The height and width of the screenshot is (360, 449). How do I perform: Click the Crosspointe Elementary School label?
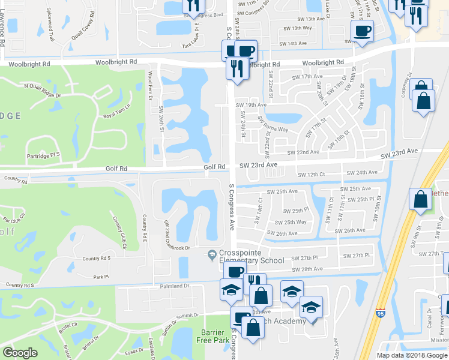(x=252, y=256)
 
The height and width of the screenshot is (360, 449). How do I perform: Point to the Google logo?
(x=20, y=353)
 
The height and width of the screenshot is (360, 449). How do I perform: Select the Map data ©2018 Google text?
(x=412, y=355)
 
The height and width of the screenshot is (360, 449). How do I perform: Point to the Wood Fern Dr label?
(x=151, y=84)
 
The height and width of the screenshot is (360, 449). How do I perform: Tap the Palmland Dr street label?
(x=174, y=286)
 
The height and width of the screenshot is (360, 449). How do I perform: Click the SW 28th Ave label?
(x=307, y=269)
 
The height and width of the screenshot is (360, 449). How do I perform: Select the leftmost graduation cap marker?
(x=231, y=290)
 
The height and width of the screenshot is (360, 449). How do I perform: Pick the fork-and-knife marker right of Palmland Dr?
(x=255, y=281)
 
